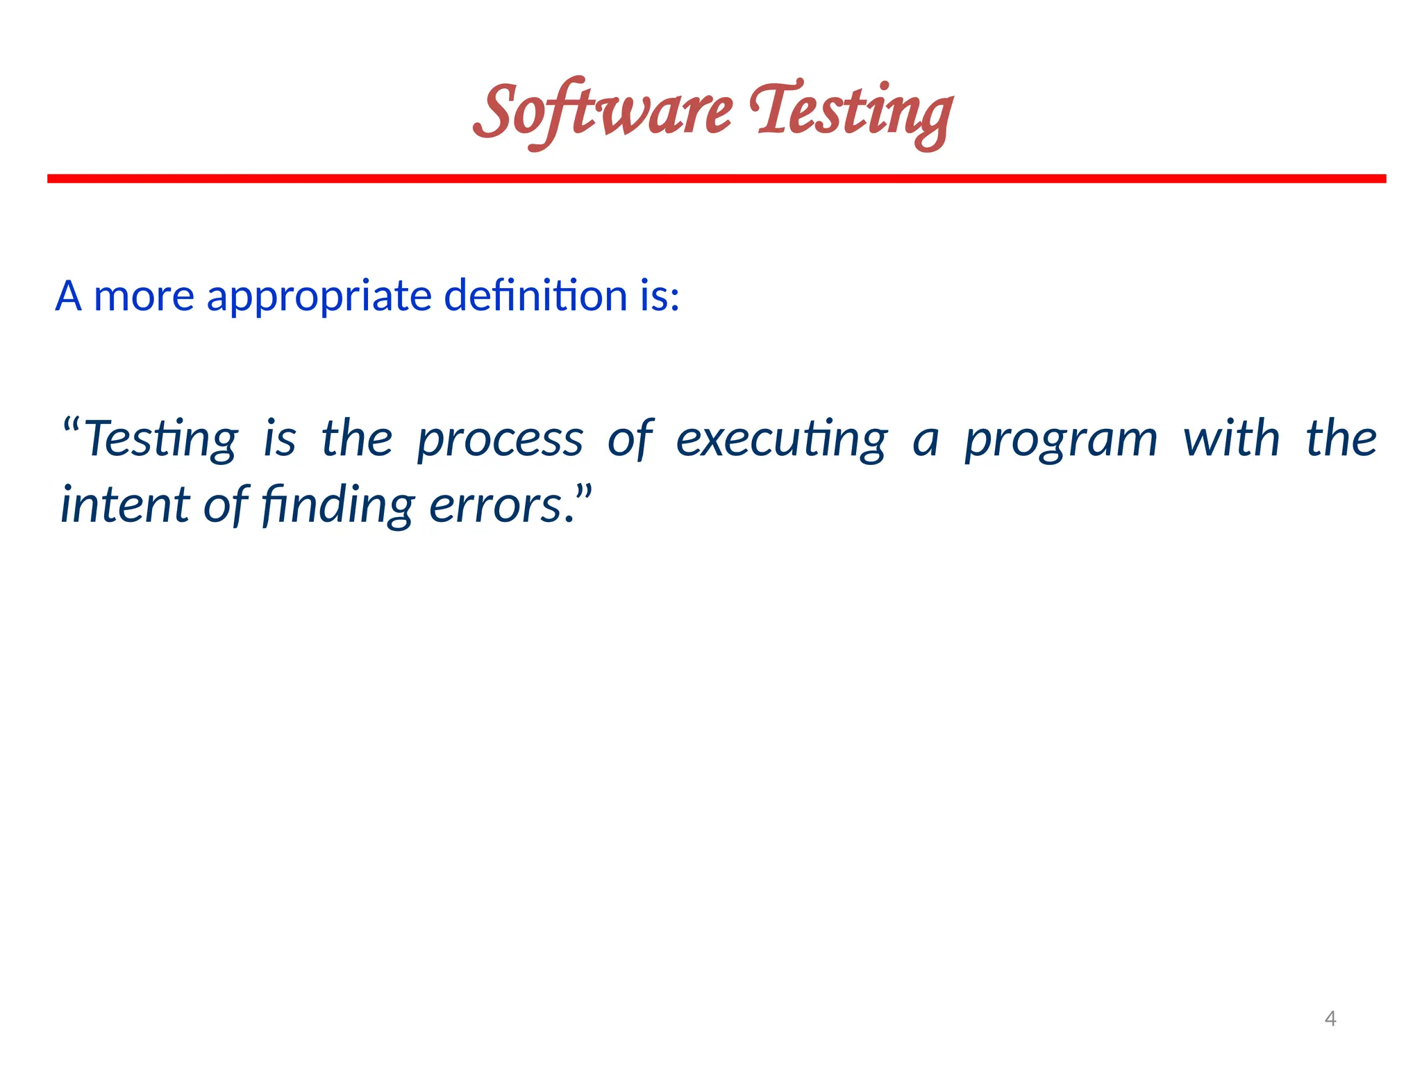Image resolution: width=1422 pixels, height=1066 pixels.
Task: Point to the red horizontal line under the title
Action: pyautogui.click(x=717, y=179)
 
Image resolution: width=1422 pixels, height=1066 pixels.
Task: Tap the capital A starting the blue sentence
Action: pyautogui.click(x=68, y=296)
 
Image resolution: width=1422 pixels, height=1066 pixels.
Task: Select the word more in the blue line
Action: pyautogui.click(x=144, y=297)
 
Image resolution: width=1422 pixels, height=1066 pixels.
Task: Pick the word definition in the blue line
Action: pyautogui.click(x=535, y=296)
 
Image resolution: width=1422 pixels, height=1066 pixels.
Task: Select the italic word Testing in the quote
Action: pyautogui.click(x=161, y=440)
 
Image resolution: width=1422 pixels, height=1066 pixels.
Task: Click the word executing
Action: pyautogui.click(x=782, y=440)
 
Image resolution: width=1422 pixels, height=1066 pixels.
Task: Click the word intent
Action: pyautogui.click(x=125, y=505)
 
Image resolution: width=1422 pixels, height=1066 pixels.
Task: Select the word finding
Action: pyautogui.click(x=338, y=506)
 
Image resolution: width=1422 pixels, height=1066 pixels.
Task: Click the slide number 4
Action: pyautogui.click(x=1330, y=1019)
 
